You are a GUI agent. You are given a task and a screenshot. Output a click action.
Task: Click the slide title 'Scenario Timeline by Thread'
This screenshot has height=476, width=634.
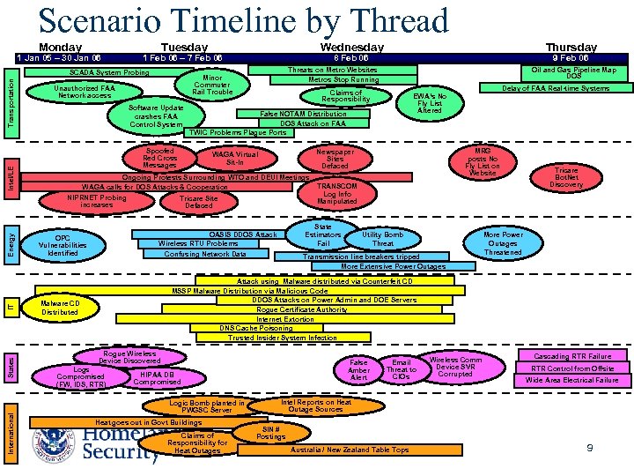click(x=244, y=21)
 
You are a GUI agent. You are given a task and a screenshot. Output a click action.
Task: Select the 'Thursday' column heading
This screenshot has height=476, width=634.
click(x=571, y=47)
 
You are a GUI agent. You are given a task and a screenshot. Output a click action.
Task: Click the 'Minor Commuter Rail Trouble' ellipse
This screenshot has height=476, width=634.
click(x=212, y=86)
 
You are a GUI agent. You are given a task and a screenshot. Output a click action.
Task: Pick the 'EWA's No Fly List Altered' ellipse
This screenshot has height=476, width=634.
click(x=430, y=102)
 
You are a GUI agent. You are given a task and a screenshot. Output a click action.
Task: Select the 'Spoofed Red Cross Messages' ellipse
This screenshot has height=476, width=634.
click(x=160, y=158)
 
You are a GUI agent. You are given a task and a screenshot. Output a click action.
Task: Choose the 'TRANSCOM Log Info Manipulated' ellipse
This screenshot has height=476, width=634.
click(x=336, y=194)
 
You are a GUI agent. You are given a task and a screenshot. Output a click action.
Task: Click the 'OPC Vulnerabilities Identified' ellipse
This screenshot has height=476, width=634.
click(x=63, y=245)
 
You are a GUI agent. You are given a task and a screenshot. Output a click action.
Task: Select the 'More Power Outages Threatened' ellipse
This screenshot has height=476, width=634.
click(x=504, y=243)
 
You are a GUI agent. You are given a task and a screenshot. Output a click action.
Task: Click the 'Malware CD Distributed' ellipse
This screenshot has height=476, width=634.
click(x=60, y=307)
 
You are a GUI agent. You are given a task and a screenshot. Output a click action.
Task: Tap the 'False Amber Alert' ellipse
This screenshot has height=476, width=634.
click(x=359, y=369)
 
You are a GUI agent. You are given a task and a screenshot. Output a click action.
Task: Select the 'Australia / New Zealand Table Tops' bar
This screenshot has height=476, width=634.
click(x=350, y=450)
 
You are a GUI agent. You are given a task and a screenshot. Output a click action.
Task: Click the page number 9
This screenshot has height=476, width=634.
click(x=590, y=448)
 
